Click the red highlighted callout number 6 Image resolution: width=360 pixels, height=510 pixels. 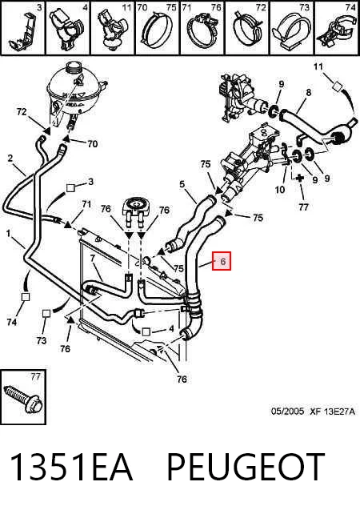coord(222,261)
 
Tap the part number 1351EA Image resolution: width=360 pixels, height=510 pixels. coord(71,468)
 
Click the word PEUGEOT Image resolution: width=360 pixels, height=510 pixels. coord(246,468)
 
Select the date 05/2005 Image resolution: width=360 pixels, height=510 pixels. coord(287,412)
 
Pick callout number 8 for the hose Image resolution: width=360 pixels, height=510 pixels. coord(308,93)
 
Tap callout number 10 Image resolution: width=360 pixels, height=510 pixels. coord(280,189)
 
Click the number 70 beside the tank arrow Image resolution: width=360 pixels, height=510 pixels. coord(92,143)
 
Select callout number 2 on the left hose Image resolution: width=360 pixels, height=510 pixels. coord(10,159)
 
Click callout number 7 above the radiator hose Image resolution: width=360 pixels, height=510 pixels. coord(93,259)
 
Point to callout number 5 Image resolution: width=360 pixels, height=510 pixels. coord(182,184)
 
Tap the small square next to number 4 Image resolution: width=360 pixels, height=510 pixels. coord(146,331)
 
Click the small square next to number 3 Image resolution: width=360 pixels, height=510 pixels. coord(70,187)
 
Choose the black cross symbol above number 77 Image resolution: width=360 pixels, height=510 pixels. coord(299,178)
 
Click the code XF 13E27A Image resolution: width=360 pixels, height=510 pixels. coord(332,412)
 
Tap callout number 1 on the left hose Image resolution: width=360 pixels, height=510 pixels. coord(9,233)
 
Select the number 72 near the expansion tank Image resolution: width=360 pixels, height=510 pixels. coord(22,112)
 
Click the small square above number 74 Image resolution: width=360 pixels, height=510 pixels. coord(26,297)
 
